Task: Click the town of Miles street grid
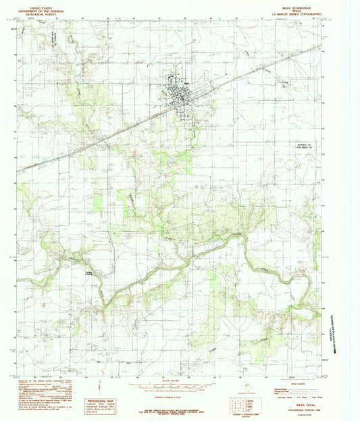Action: (179, 93)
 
